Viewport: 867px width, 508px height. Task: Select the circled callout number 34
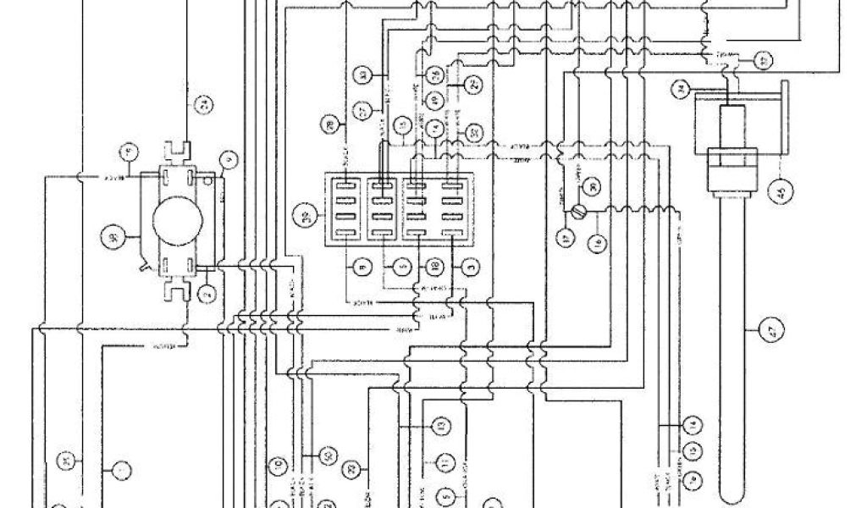679,87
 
